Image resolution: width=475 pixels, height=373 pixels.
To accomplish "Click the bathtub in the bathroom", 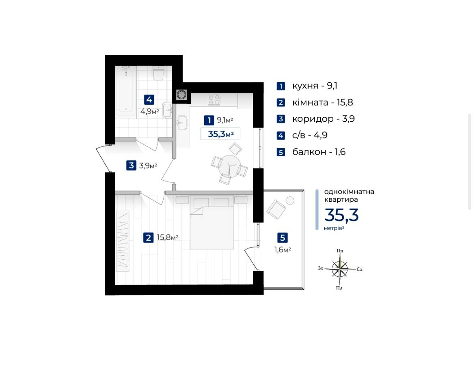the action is tap(126, 92).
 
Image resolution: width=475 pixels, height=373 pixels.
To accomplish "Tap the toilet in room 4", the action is tap(158, 73).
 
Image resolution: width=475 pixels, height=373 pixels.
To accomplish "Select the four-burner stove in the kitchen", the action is tap(214, 100).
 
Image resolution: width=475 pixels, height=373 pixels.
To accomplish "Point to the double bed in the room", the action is tap(212, 224).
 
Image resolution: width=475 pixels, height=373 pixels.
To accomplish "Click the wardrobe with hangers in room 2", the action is tap(123, 241).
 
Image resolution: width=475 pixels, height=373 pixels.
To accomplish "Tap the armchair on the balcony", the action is tap(276, 209).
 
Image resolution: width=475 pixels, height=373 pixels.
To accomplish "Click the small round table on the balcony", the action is tap(290, 201).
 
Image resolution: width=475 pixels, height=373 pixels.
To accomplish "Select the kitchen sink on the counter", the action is tap(182, 123).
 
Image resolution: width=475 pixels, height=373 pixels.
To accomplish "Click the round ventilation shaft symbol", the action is tap(181, 95).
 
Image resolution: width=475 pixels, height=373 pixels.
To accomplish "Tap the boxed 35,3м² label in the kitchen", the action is tap(220, 134).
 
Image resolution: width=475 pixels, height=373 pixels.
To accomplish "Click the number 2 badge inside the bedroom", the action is tap(148, 238).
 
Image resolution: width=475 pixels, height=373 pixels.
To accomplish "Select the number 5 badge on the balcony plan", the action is tap(283, 238).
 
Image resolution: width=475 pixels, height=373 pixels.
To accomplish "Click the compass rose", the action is tap(340, 269).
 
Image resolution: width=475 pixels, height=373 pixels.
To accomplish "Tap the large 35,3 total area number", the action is tap(341, 215).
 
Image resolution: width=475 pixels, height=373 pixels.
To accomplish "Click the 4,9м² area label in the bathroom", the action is tap(150, 112).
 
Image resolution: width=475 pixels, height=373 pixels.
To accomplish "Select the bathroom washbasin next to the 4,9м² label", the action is tap(167, 110).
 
